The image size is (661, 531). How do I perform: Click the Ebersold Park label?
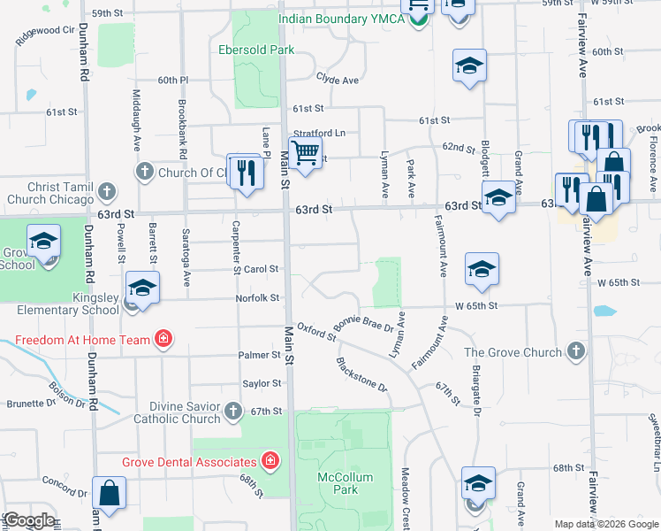pyautogui.click(x=257, y=50)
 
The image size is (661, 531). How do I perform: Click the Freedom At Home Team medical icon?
pyautogui.click(x=163, y=338)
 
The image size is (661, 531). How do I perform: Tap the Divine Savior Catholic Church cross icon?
pyautogui.click(x=232, y=411)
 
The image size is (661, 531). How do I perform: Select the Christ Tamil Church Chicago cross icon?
pyautogui.click(x=107, y=191)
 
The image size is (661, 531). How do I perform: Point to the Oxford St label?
pyautogui.click(x=316, y=333)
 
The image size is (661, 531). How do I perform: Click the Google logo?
pyautogui.click(x=29, y=519)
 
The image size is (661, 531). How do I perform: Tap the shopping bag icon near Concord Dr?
pyautogui.click(x=109, y=494)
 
